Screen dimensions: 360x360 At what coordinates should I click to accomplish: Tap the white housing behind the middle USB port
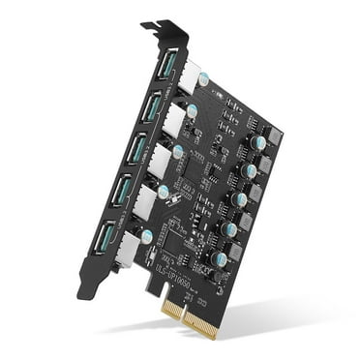coord(162,161)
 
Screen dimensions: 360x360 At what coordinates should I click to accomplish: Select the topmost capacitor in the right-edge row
coord(257,141)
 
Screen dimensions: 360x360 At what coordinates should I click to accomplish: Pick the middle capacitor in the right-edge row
coord(239,199)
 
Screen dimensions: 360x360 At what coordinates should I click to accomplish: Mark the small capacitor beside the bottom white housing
coord(146,235)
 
